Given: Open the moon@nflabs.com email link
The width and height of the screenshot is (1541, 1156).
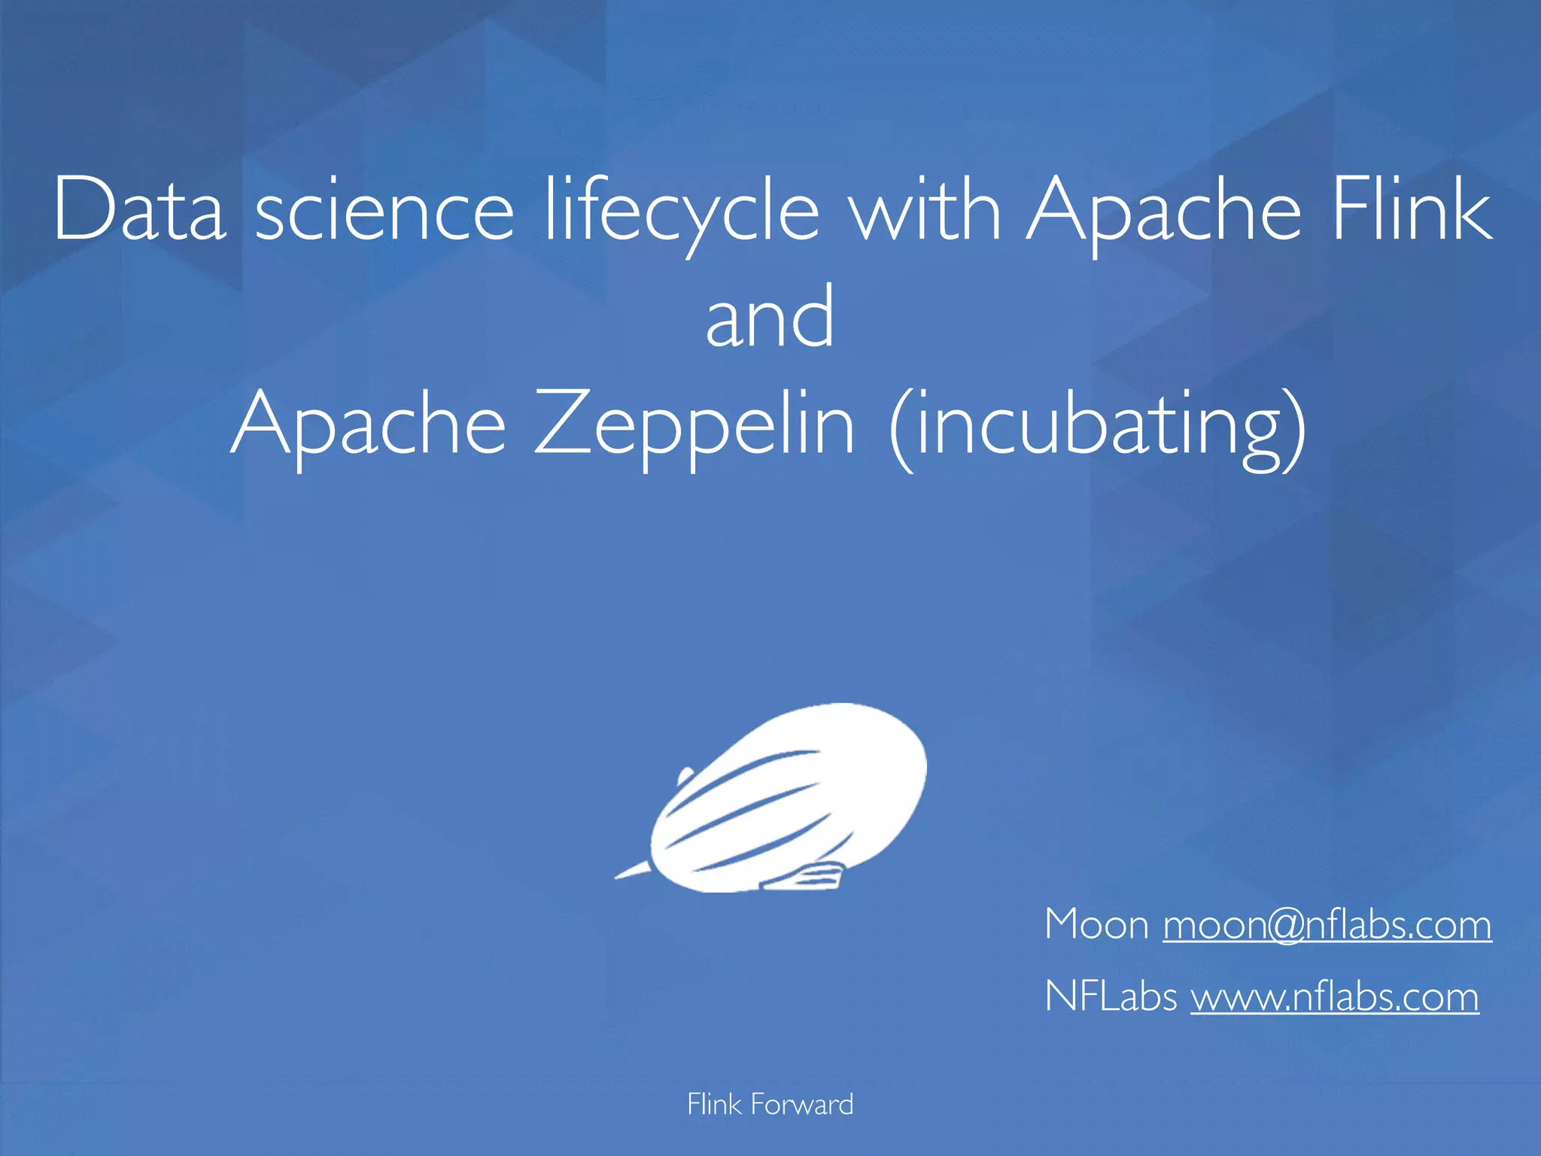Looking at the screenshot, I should click(1327, 925).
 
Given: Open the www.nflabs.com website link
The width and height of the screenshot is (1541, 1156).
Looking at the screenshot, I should click(1334, 997).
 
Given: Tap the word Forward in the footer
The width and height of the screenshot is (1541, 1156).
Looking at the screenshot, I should click(802, 1105).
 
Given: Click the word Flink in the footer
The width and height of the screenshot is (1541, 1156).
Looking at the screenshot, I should click(714, 1105).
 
